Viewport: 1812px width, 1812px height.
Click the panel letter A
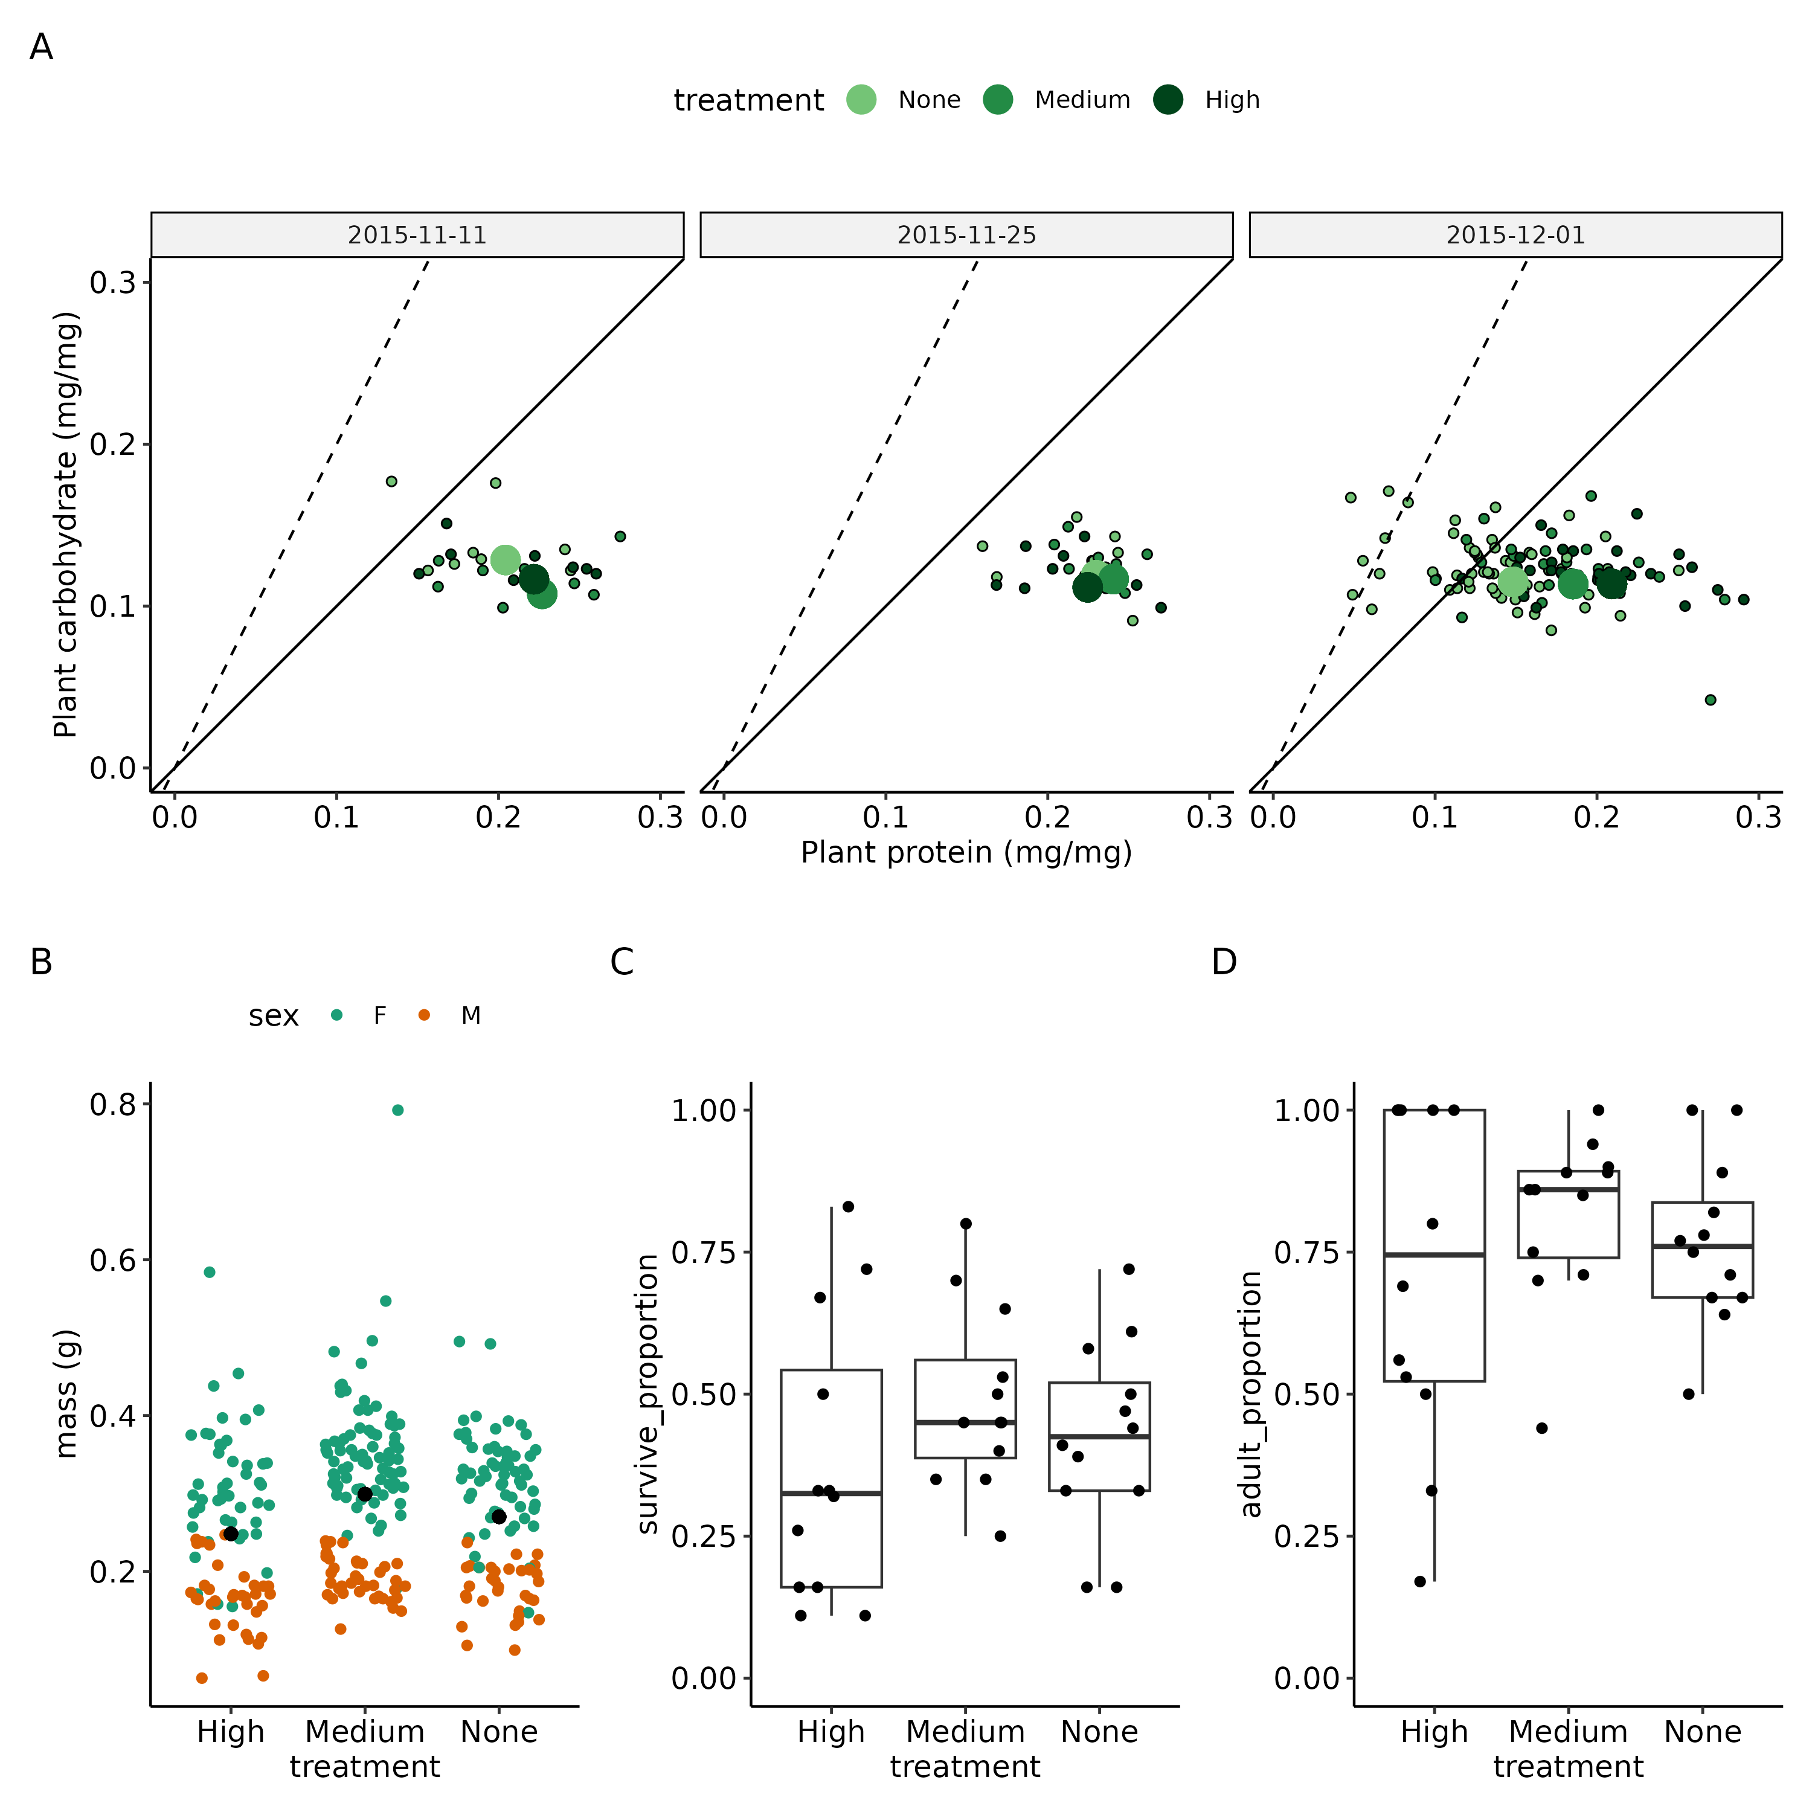click(41, 47)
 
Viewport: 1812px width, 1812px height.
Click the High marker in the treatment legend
click(1168, 100)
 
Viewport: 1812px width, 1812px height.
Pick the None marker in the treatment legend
click(861, 100)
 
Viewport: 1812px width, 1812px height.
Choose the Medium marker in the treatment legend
click(998, 100)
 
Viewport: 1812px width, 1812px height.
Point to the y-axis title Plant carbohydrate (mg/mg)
click(66, 525)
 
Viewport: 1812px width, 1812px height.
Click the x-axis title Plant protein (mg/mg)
click(966, 852)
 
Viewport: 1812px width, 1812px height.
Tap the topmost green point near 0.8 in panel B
click(397, 1111)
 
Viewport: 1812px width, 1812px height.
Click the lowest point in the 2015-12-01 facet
click(1710, 699)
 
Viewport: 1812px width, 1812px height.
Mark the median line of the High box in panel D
click(1434, 1254)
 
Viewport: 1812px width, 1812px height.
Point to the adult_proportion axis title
click(1250, 1393)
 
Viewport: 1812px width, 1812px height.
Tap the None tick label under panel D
click(1702, 1731)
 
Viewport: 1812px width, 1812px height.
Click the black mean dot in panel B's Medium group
click(365, 1494)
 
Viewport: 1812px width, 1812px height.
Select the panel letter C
click(622, 962)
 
